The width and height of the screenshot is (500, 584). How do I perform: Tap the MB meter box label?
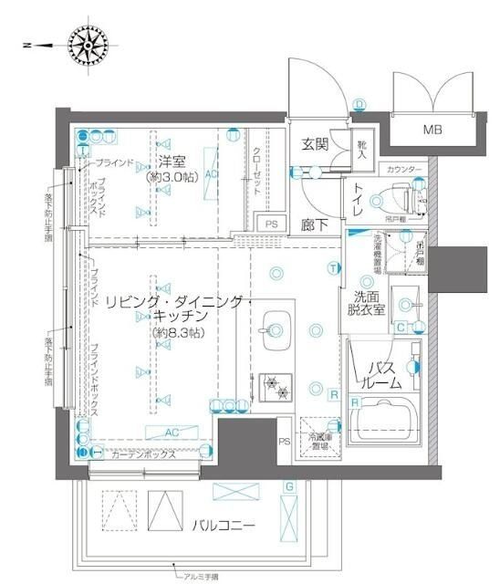(432, 130)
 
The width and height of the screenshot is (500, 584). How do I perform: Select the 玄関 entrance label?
(315, 144)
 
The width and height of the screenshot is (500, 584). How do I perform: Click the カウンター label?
(404, 171)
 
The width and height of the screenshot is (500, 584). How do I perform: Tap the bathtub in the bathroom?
(384, 421)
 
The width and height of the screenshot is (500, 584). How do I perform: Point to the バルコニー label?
(223, 526)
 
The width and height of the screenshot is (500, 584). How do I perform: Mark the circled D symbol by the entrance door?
(359, 103)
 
